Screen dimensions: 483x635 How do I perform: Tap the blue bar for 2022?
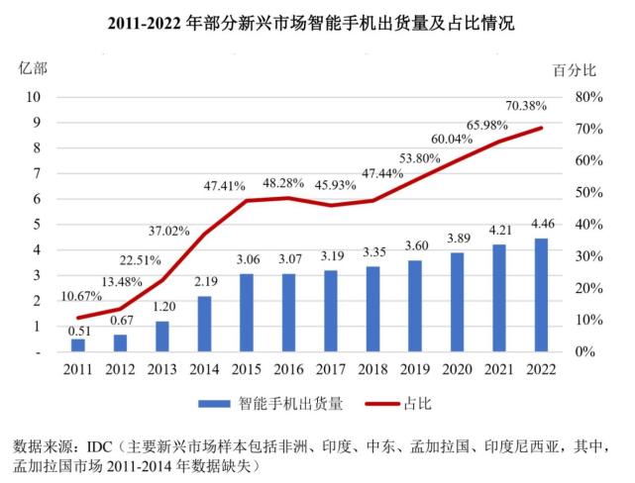click(541, 295)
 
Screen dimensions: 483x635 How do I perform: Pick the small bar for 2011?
click(77, 344)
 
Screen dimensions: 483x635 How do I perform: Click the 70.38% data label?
click(525, 106)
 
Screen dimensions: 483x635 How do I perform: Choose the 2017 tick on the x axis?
click(330, 368)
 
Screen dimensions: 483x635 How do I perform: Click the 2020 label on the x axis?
click(457, 368)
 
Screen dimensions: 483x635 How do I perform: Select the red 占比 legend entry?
click(416, 404)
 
